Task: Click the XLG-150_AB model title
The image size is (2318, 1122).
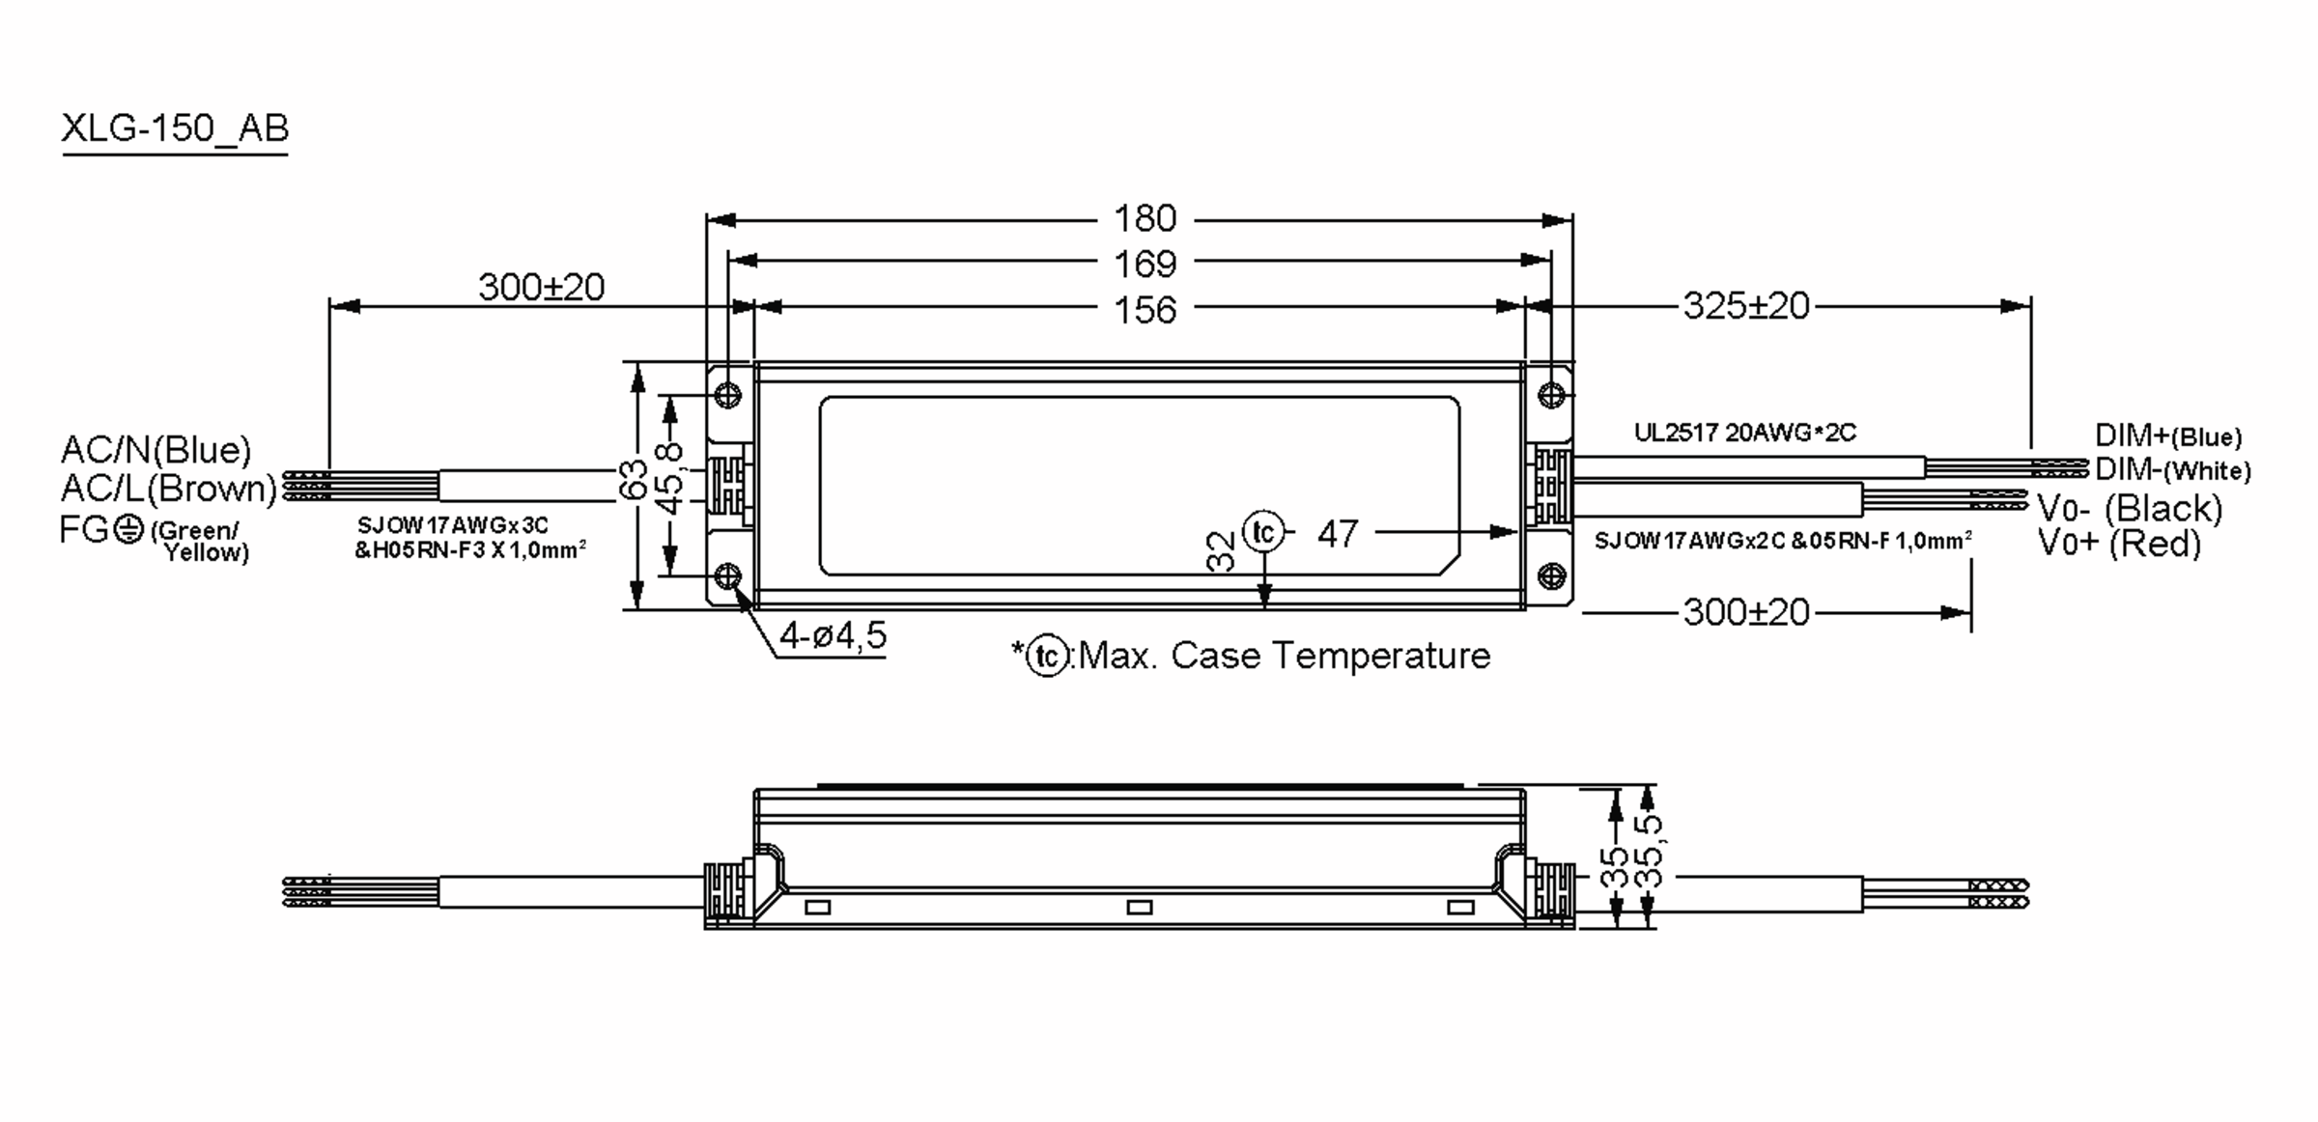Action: (175, 128)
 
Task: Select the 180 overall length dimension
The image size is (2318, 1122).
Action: (1145, 219)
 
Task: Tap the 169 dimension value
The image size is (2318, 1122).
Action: (1145, 265)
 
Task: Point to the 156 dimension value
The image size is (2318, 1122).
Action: (1145, 311)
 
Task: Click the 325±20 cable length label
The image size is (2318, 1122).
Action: (1745, 306)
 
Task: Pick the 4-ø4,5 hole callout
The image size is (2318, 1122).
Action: (833, 636)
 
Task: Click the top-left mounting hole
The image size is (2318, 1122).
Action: (728, 395)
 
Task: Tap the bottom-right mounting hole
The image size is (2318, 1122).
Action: (1551, 576)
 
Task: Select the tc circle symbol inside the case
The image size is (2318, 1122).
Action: (1263, 532)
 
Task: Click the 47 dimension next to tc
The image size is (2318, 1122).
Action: (1338, 534)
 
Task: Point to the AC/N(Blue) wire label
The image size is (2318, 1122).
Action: (155, 450)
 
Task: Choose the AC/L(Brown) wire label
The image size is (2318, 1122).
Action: (169, 489)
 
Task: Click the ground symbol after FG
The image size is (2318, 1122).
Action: (128, 529)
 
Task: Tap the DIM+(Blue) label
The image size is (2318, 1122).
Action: (2167, 436)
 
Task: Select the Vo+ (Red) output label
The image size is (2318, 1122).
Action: (2119, 544)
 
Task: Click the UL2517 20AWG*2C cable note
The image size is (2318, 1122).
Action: (1744, 433)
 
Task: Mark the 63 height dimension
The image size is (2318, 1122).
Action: (633, 480)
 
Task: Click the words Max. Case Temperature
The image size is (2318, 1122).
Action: (1284, 657)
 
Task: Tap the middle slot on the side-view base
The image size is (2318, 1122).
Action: (1140, 908)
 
